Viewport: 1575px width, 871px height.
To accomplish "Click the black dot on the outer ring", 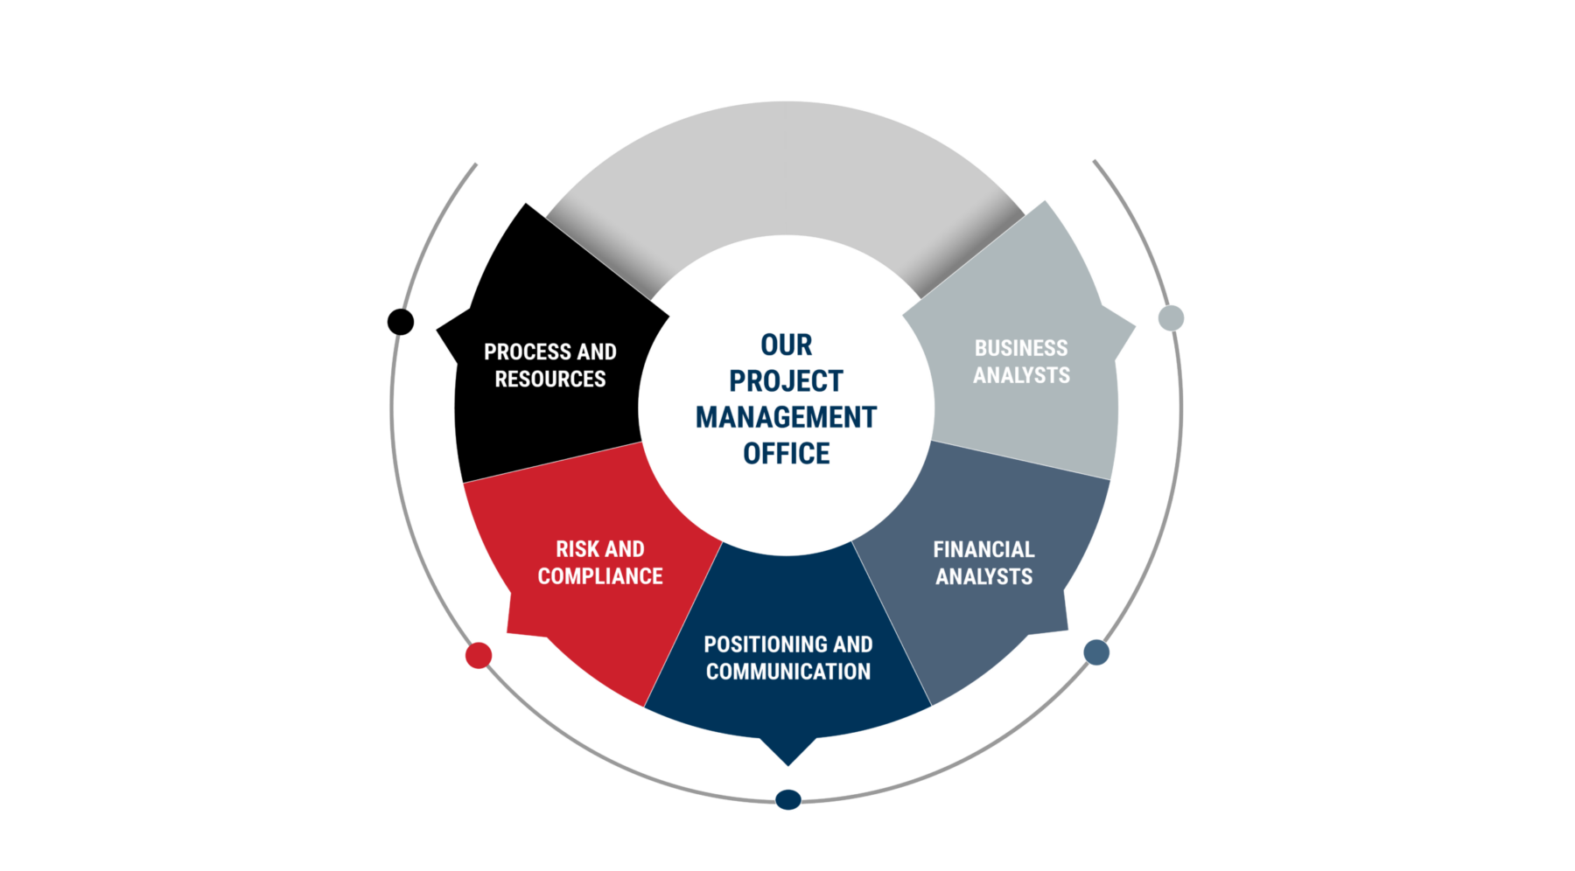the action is click(x=401, y=322).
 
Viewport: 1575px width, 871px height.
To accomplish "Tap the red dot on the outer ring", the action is click(x=479, y=655).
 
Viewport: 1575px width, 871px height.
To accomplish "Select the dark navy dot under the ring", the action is click(x=788, y=799).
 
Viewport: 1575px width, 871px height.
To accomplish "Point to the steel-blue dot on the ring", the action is click(x=1096, y=652).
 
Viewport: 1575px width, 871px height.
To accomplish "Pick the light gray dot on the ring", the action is click(x=1171, y=318).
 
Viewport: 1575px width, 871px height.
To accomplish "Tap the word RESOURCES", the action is click(x=550, y=380).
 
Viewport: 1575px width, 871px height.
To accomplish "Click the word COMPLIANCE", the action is click(x=600, y=576).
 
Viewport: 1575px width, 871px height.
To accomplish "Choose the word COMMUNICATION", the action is click(x=788, y=672).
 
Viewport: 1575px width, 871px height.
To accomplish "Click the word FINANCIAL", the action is click(x=983, y=550).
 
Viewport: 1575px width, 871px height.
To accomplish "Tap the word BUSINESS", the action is click(x=1021, y=348).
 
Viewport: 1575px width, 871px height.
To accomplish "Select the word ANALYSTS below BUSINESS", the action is click(x=1021, y=375).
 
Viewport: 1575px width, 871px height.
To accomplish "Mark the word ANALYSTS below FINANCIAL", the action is click(x=983, y=577).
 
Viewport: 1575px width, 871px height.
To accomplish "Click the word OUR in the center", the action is click(x=787, y=345).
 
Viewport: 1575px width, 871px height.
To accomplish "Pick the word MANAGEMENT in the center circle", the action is click(x=787, y=418).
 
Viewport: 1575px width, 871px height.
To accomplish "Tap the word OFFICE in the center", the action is click(x=787, y=454).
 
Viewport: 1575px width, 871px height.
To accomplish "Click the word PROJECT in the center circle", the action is click(x=787, y=381).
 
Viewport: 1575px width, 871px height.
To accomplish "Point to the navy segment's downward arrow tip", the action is click(x=788, y=765).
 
